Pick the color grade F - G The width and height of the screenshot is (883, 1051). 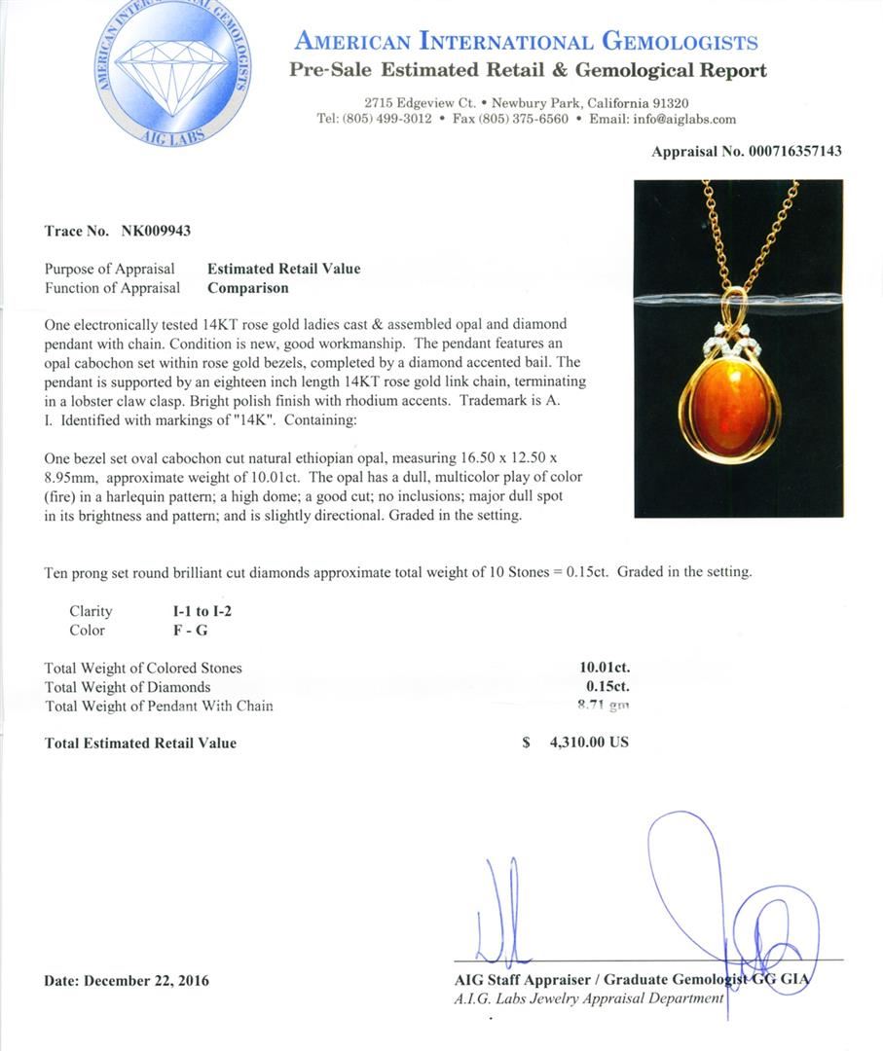(183, 631)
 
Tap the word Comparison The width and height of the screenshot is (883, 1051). (247, 288)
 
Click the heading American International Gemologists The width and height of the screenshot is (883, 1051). (526, 42)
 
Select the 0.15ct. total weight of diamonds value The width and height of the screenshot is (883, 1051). (607, 687)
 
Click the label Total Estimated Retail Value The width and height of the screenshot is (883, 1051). (140, 743)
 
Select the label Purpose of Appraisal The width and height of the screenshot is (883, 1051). (110, 269)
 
